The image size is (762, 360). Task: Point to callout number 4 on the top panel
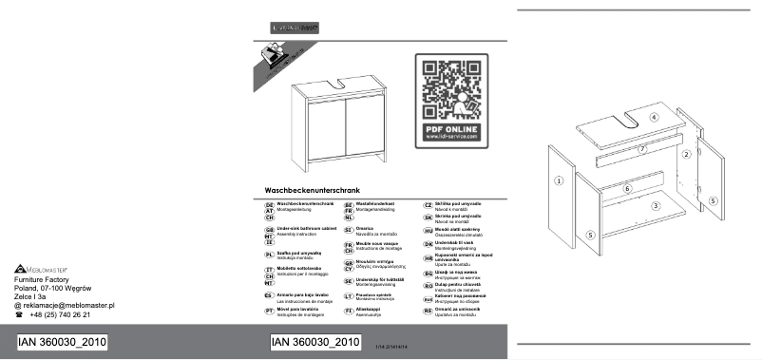tap(654, 117)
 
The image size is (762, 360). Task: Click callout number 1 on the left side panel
tap(560, 180)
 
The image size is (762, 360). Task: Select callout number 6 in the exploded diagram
tap(627, 188)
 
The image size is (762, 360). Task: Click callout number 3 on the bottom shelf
tap(655, 205)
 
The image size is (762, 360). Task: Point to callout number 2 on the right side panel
tap(685, 153)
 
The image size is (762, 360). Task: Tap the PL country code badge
tap(269, 256)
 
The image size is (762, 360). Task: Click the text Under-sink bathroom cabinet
tap(306, 230)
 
